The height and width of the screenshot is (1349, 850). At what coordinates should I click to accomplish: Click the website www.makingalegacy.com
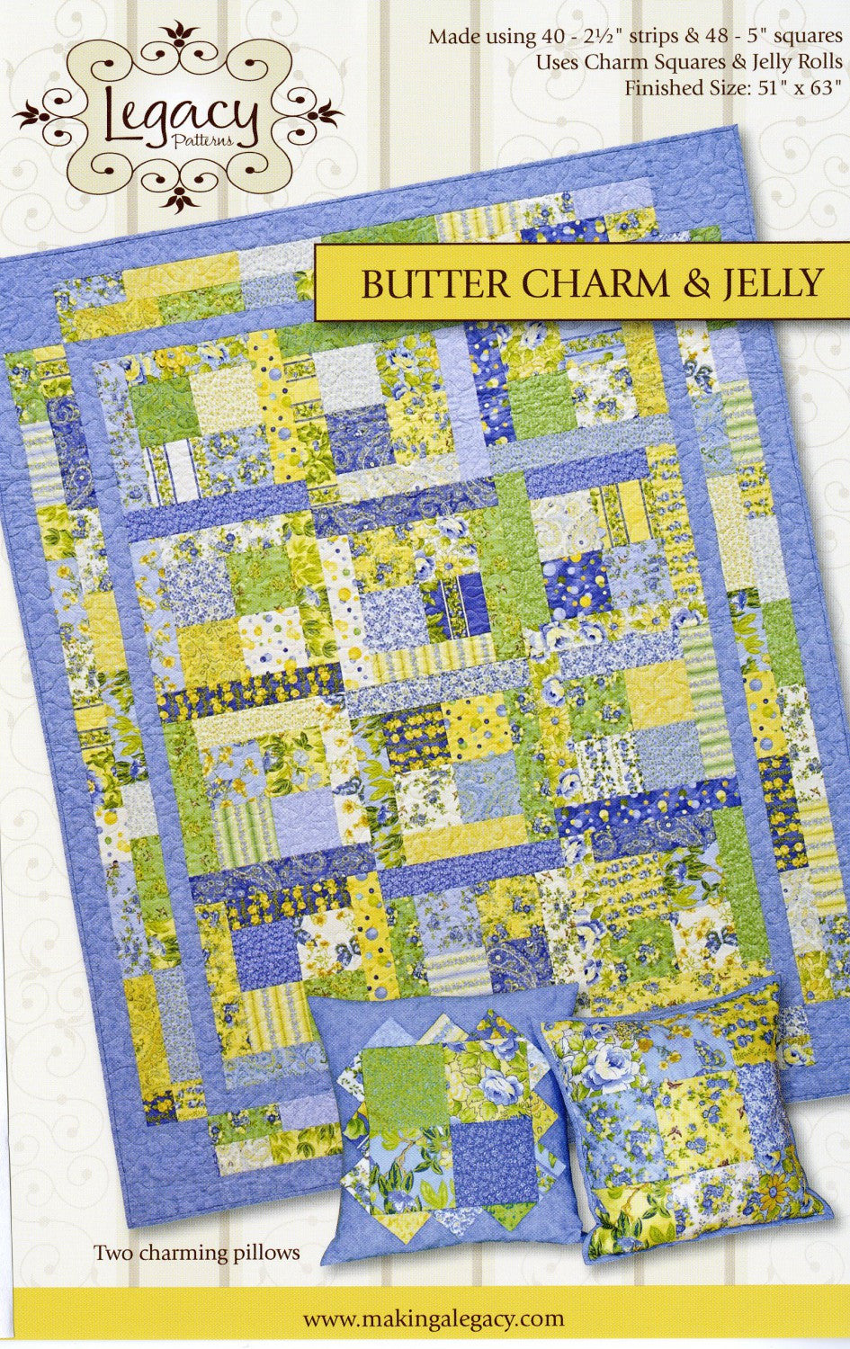click(x=434, y=1318)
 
